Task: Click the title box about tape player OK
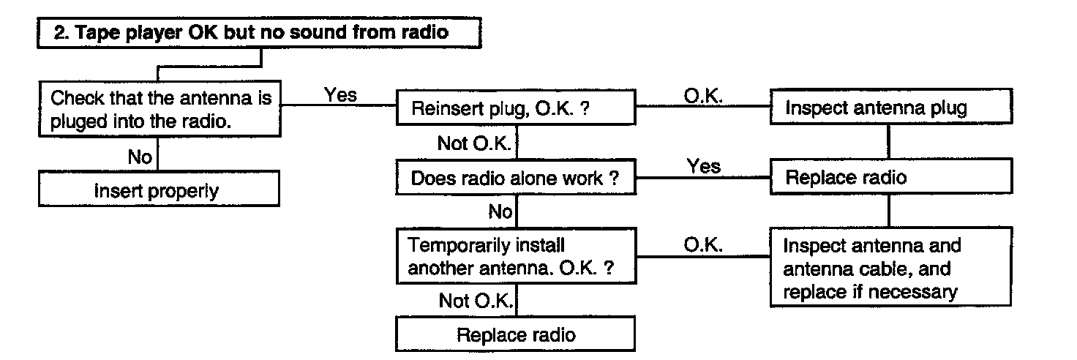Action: click(x=259, y=33)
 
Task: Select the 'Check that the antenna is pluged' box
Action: click(x=160, y=109)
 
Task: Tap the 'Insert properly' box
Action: click(x=160, y=189)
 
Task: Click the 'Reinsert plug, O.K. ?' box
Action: click(x=516, y=108)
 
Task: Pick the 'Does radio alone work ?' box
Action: click(x=516, y=177)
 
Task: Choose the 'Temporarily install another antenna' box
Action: click(x=517, y=256)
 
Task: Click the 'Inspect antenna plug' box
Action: click(x=891, y=107)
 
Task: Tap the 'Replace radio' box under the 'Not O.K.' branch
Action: click(x=515, y=334)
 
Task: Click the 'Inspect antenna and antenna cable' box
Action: click(x=891, y=267)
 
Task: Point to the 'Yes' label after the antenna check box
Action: click(x=340, y=94)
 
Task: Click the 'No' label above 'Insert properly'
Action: click(x=140, y=157)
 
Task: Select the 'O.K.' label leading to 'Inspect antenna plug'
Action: click(x=703, y=96)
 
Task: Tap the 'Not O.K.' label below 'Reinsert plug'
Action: click(x=474, y=143)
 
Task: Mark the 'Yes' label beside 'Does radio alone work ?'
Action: click(x=703, y=166)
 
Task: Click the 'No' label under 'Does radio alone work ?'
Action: click(x=500, y=211)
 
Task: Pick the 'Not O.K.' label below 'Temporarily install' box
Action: click(x=476, y=301)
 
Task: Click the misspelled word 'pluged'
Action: click(x=79, y=122)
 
